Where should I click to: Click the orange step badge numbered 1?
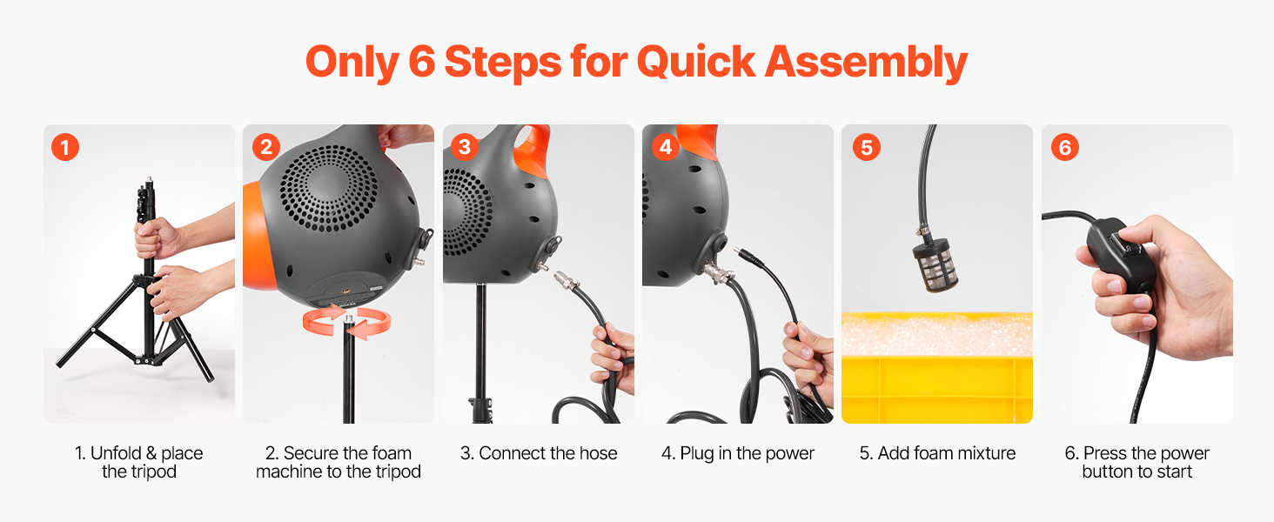tap(65, 147)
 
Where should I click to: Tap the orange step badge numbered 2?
tap(265, 147)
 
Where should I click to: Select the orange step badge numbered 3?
tap(465, 147)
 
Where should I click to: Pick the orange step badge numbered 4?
tap(665, 147)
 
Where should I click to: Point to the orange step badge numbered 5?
tap(866, 147)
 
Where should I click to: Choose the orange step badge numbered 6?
tap(1064, 147)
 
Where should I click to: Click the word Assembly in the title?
tap(866, 63)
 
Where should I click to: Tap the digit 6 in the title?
tap(421, 61)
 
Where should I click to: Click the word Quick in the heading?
tap(696, 62)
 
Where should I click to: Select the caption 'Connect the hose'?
tap(547, 453)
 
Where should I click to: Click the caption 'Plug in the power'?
tap(747, 453)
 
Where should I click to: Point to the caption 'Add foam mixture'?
tap(947, 453)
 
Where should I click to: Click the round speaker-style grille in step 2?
tap(328, 188)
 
